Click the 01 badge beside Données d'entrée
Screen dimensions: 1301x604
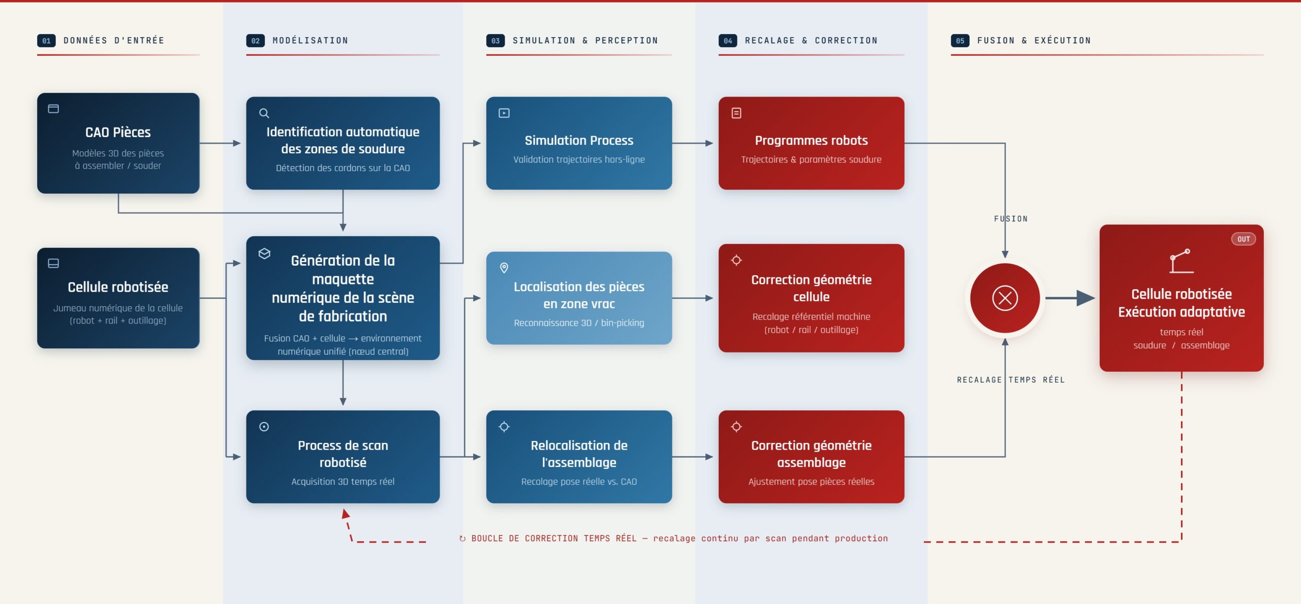click(46, 41)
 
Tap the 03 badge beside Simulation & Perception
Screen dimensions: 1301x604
click(495, 41)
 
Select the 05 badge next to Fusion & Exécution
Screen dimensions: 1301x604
click(960, 41)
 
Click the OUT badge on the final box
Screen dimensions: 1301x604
click(1243, 239)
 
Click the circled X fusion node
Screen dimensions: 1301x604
click(1005, 298)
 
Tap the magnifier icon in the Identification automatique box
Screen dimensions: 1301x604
click(264, 113)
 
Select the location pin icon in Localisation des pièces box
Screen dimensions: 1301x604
click(504, 268)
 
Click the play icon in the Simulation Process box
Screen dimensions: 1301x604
click(504, 113)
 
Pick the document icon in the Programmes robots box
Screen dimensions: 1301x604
click(736, 113)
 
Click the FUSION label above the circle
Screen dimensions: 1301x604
click(1011, 219)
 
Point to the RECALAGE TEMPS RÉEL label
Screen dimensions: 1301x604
click(1010, 379)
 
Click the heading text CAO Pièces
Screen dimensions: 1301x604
click(118, 132)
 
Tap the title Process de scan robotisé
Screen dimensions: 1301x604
click(343, 454)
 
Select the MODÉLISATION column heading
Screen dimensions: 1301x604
click(310, 41)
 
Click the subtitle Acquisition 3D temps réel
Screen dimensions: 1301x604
click(343, 482)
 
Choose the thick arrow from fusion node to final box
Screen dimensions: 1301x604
click(1070, 298)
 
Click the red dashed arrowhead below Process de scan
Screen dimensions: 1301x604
click(346, 514)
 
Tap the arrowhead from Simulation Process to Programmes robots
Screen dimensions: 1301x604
click(709, 143)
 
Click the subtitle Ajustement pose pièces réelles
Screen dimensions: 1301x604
click(811, 482)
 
